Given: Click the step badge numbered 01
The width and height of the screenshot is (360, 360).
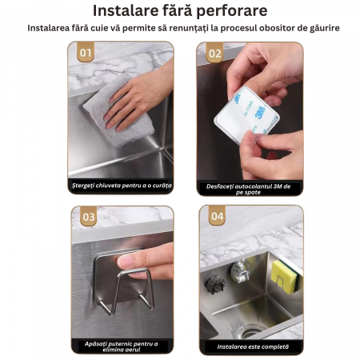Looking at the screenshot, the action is coord(86,52).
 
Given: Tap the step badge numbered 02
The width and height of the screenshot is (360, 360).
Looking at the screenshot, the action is coord(215,53).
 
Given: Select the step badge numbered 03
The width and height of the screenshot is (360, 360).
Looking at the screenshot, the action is coord(89,216).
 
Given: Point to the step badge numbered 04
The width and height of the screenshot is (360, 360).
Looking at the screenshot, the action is coord(217,215).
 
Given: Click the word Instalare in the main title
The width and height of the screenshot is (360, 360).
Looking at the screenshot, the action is coord(125,10).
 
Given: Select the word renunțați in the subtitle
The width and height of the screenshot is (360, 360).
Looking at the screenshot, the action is coord(189,28).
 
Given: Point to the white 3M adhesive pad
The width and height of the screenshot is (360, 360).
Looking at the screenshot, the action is coord(247,115).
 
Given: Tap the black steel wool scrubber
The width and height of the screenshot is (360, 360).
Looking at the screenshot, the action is coord(215,284).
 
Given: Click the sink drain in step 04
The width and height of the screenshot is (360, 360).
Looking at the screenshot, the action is coord(250,331).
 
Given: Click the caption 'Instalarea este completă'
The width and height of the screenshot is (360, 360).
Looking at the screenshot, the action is coord(253,346).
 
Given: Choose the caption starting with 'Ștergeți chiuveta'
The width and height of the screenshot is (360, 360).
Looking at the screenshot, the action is coord(122,186).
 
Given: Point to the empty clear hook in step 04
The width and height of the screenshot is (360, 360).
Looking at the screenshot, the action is coord(240,272).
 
